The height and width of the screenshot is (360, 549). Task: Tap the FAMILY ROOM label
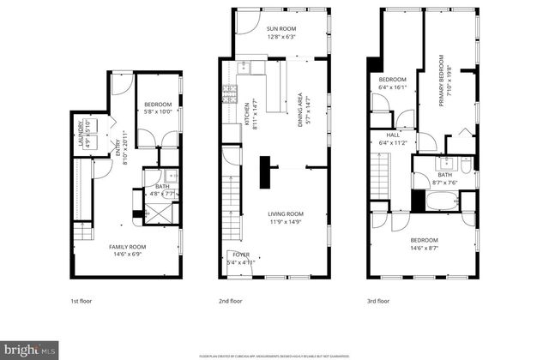pyautogui.click(x=126, y=247)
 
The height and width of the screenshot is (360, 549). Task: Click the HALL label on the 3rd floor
pyautogui.click(x=393, y=135)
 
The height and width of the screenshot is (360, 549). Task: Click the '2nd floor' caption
pyautogui.click(x=230, y=302)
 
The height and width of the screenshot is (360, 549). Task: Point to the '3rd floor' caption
pyautogui.click(x=377, y=302)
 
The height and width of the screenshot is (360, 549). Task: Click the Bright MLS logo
pyautogui.click(x=31, y=350)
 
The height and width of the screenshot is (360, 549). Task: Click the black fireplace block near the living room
pyautogui.click(x=268, y=171)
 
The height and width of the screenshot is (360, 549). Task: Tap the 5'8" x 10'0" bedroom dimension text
pyautogui.click(x=158, y=111)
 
